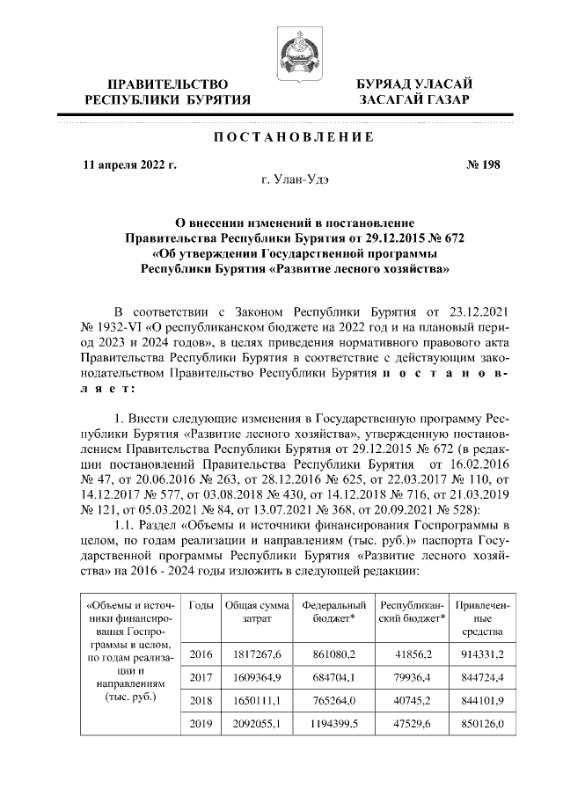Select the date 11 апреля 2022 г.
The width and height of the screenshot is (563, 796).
pyautogui.click(x=128, y=164)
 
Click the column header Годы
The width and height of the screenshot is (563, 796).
pyautogui.click(x=201, y=607)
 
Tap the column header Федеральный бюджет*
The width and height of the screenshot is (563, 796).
pyautogui.click(x=333, y=613)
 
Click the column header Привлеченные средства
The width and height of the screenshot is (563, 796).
pyautogui.click(x=480, y=619)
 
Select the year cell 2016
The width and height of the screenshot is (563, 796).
pyautogui.click(x=201, y=654)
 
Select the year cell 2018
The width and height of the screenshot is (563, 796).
pyautogui.click(x=201, y=704)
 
